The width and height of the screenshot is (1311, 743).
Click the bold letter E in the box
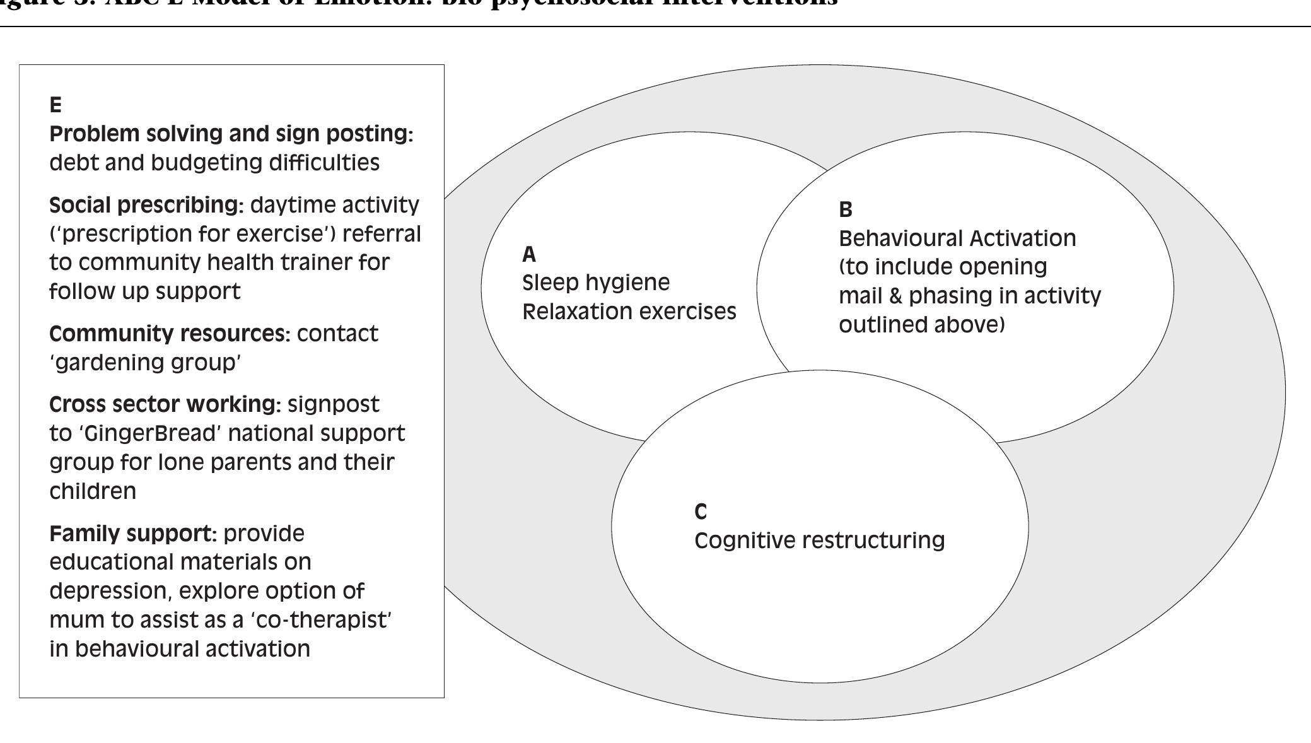pyautogui.click(x=55, y=105)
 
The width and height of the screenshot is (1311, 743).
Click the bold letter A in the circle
pyautogui.click(x=529, y=254)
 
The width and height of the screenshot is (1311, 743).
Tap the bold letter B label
pyautogui.click(x=846, y=209)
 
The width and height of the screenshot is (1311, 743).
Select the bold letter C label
pyautogui.click(x=701, y=512)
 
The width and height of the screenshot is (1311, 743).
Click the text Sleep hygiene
pyautogui.click(x=596, y=283)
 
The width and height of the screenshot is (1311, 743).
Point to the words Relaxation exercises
pyautogui.click(x=629, y=312)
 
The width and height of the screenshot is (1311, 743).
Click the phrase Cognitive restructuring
pyautogui.click(x=819, y=541)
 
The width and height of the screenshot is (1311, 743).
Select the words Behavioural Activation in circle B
pyautogui.click(x=957, y=238)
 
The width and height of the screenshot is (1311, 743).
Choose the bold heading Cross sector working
pyautogui.click(x=164, y=404)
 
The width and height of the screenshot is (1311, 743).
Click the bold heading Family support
pyautogui.click(x=132, y=534)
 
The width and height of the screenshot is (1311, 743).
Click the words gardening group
pyautogui.click(x=145, y=363)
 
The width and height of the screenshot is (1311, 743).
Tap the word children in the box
pyautogui.click(x=93, y=491)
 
